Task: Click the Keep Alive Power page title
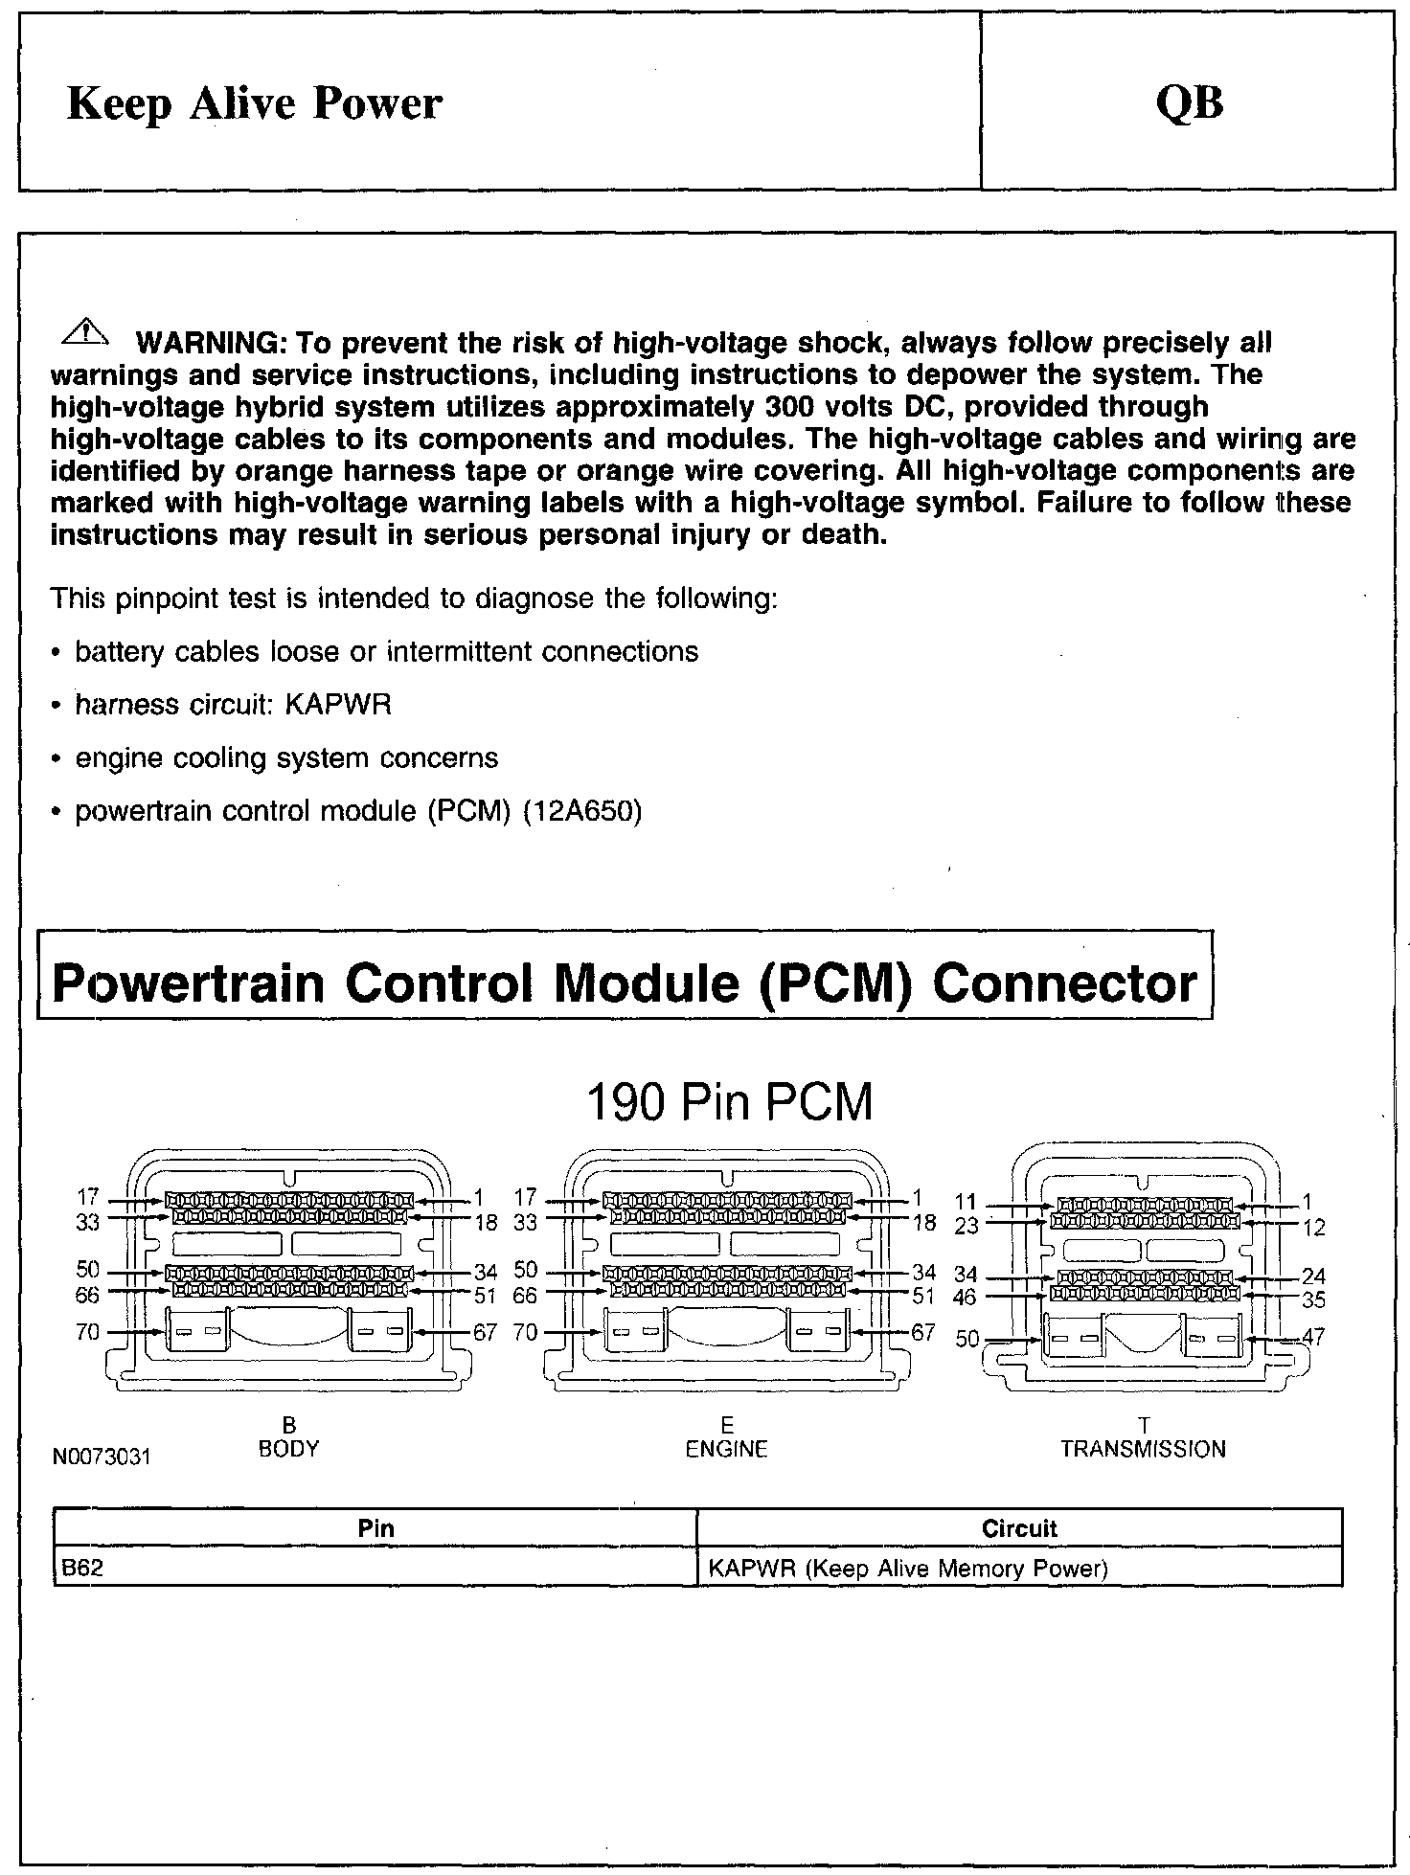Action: [x=254, y=103]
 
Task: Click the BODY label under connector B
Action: [x=288, y=1449]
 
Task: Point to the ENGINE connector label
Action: [x=726, y=1449]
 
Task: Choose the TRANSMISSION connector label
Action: [x=1143, y=1449]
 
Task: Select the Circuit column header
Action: [x=1019, y=1528]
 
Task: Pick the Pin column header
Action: [x=375, y=1528]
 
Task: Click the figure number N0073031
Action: [x=102, y=1457]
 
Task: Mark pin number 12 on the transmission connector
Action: [x=1314, y=1227]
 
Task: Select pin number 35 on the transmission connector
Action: [x=1314, y=1299]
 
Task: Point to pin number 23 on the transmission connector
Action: [x=966, y=1226]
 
